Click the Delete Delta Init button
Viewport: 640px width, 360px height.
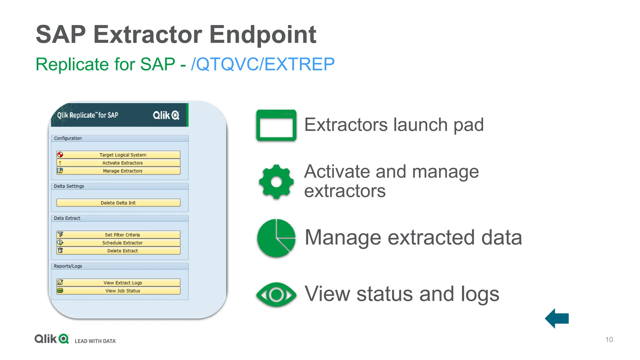[118, 203]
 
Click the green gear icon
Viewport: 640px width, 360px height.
[276, 182]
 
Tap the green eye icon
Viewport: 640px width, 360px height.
[276, 294]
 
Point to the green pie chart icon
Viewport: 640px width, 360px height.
[276, 238]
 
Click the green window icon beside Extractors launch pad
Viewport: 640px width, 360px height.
[276, 125]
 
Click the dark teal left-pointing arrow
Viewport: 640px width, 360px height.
[557, 318]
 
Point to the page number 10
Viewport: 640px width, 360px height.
[609, 340]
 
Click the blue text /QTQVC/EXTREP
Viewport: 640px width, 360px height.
[262, 64]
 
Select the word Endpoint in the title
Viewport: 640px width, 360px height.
[262, 34]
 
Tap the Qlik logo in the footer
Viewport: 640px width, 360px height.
[52, 339]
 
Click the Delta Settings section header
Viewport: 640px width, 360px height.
[69, 186]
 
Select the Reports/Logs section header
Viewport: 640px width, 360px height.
[68, 266]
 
